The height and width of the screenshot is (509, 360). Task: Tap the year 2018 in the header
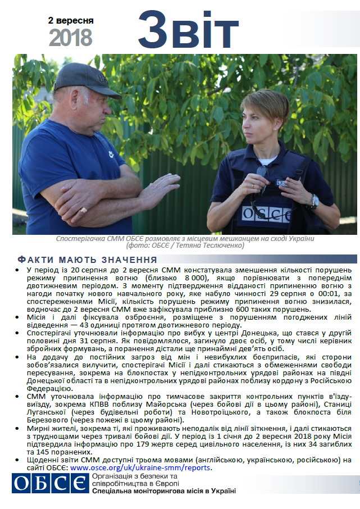[x=70, y=38]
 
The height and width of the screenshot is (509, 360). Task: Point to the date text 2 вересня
[x=71, y=20]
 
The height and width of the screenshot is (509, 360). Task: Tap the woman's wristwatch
[x=314, y=201]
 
